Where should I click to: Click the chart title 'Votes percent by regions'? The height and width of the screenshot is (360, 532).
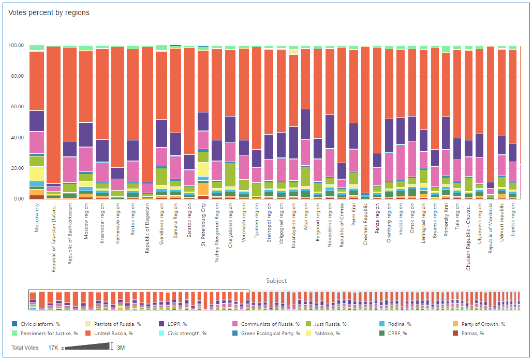49,12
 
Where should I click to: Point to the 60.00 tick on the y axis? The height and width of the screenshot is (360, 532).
17,107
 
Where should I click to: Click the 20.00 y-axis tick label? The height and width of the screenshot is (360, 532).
17,168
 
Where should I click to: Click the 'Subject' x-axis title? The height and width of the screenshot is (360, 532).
276,281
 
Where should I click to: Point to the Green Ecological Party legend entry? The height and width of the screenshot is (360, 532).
270,333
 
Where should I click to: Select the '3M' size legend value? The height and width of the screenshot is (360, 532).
121,347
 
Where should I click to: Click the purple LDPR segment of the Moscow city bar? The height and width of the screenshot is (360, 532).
37,121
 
